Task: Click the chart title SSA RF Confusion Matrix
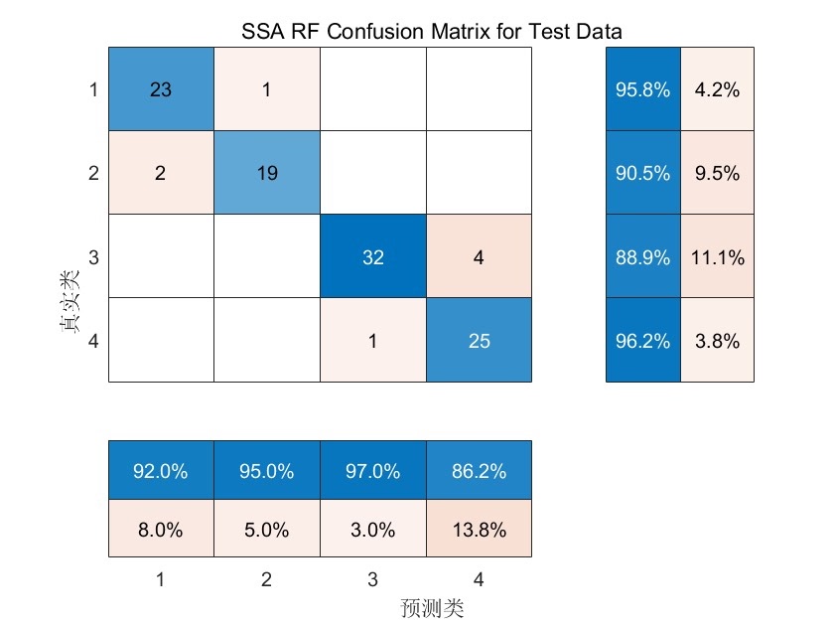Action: pyautogui.click(x=432, y=32)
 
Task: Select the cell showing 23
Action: pyautogui.click(x=161, y=89)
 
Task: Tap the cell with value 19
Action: pyautogui.click(x=266, y=173)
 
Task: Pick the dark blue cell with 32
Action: pyautogui.click(x=372, y=256)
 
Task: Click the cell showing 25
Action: pyautogui.click(x=478, y=341)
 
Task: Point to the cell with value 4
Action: pyautogui.click(x=478, y=256)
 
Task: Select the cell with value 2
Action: pyautogui.click(x=161, y=173)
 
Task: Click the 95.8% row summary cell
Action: pyautogui.click(x=642, y=89)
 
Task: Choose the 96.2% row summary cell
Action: pyautogui.click(x=642, y=341)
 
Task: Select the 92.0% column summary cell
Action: pyautogui.click(x=161, y=472)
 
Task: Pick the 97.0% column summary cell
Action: pyautogui.click(x=372, y=472)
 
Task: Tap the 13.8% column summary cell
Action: pyautogui.click(x=478, y=530)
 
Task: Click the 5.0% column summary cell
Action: pyautogui.click(x=266, y=530)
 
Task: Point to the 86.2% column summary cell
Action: pyautogui.click(x=478, y=472)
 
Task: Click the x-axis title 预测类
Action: pyautogui.click(x=433, y=606)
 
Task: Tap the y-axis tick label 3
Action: pyautogui.click(x=93, y=257)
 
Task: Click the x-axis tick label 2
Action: pyautogui.click(x=266, y=578)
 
